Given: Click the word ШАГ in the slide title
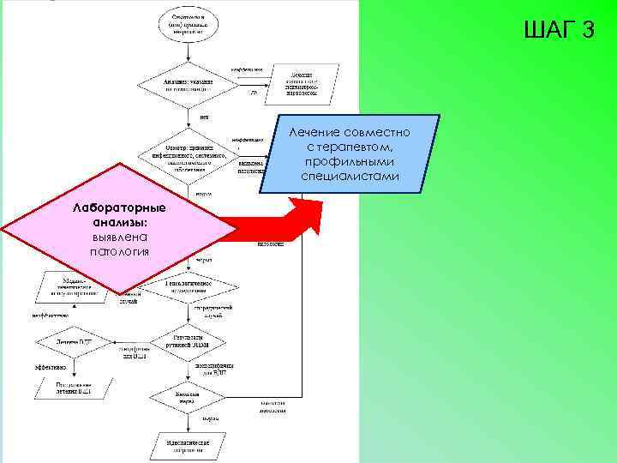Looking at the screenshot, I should pyautogui.click(x=547, y=30).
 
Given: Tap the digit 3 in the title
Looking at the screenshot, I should pyautogui.click(x=587, y=30).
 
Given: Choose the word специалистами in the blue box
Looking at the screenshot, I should pyautogui.click(x=350, y=176).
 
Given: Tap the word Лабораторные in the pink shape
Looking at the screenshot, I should pyautogui.click(x=120, y=209).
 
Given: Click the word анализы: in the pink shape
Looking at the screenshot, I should pyautogui.click(x=120, y=223).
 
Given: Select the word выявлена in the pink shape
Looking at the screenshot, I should pyautogui.click(x=120, y=237).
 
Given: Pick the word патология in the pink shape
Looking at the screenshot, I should pyautogui.click(x=120, y=251).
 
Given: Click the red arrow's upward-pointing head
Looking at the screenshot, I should pyautogui.click(x=304, y=210).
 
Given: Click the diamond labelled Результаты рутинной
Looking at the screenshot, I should pyautogui.click(x=188, y=342).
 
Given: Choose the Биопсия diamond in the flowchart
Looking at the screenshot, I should pyautogui.click(x=188, y=396).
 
